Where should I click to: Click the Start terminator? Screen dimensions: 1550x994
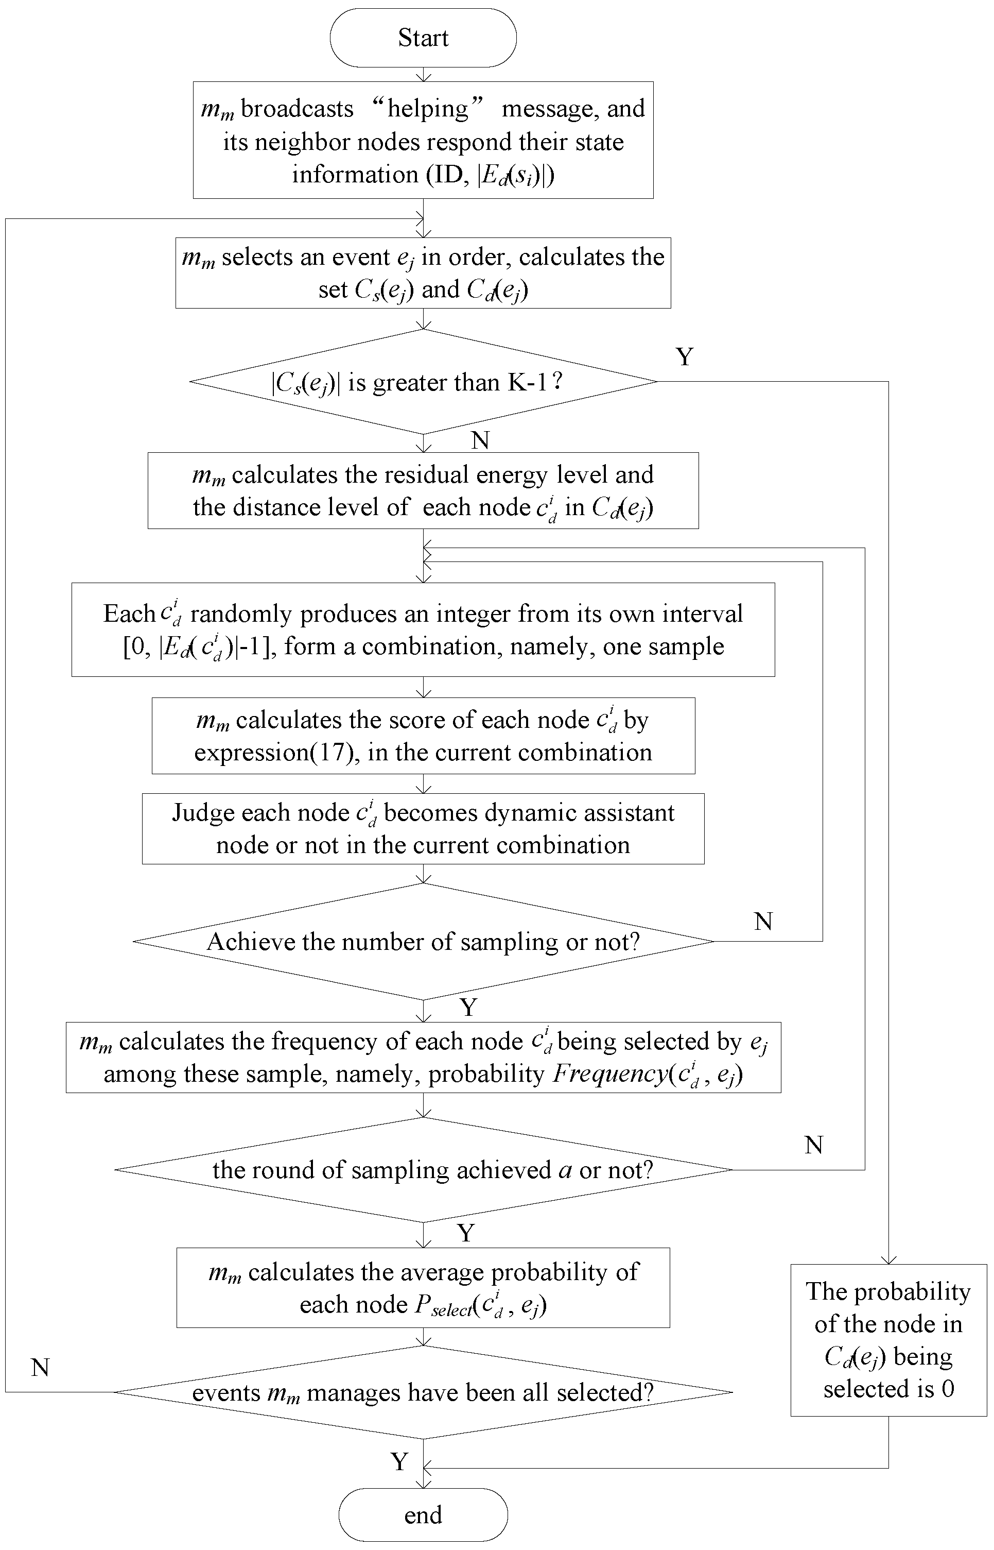pyautogui.click(x=423, y=38)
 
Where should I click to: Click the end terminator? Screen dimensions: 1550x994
pyautogui.click(x=423, y=1514)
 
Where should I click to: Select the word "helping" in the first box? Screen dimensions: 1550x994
pyautogui.click(x=427, y=109)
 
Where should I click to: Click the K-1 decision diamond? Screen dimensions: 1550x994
pyautogui.click(x=423, y=382)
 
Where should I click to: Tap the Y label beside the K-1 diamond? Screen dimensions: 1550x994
pyautogui.click(x=684, y=356)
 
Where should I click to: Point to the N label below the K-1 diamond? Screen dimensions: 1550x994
pyautogui.click(x=480, y=440)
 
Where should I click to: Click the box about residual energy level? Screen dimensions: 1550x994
pyautogui.click(x=423, y=491)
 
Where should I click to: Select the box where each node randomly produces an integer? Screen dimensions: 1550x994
pyautogui.click(x=423, y=629)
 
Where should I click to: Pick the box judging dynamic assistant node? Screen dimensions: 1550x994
pyautogui.click(x=423, y=829)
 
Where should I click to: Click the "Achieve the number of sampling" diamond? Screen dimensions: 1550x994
pyautogui.click(x=423, y=942)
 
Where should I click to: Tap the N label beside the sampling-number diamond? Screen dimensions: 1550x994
pyautogui.click(x=763, y=921)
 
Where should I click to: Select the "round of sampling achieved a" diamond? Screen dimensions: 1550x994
pyautogui.click(x=423, y=1170)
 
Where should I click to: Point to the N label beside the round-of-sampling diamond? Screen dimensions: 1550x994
pyautogui.click(x=813, y=1145)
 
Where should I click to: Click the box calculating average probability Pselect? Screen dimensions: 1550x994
pyautogui.click(x=423, y=1288)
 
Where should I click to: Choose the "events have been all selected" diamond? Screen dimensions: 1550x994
pyautogui.click(x=423, y=1392)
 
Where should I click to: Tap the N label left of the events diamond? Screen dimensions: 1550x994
pyautogui.click(x=40, y=1367)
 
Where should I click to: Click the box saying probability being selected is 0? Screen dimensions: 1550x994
pyautogui.click(x=888, y=1340)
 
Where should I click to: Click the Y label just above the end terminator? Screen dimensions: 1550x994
pyautogui.click(x=399, y=1461)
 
